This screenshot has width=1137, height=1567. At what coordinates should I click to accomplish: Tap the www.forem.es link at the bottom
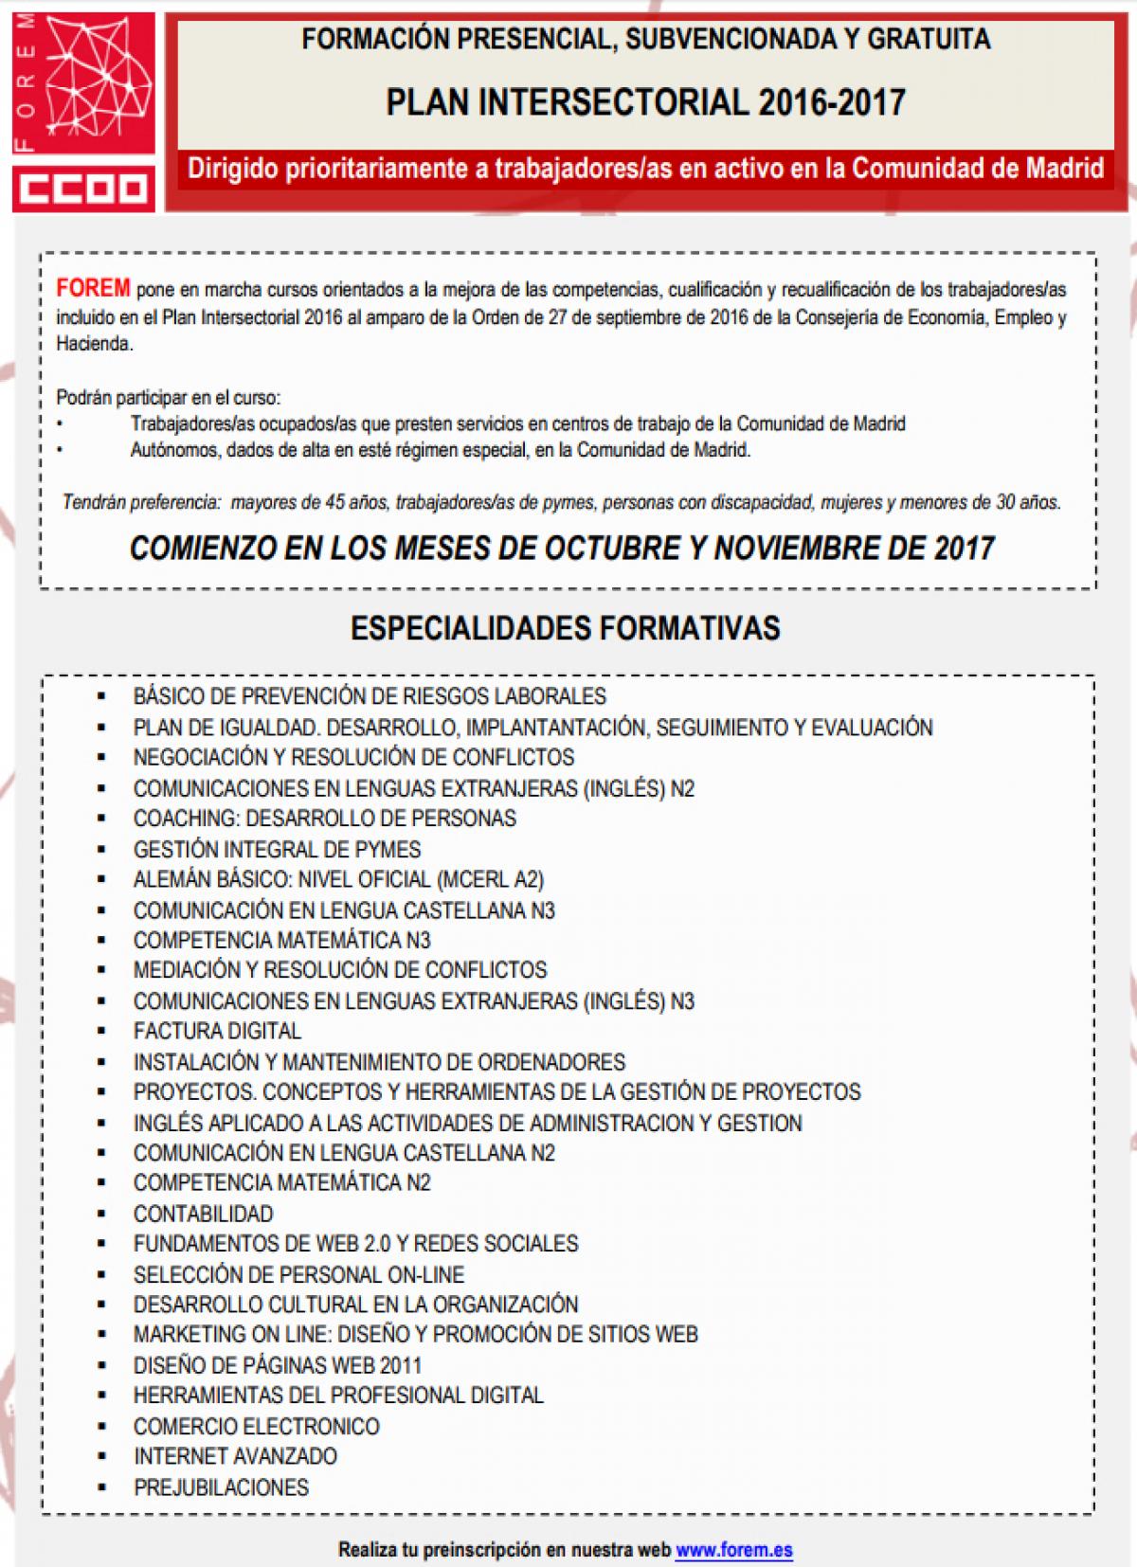click(x=734, y=1550)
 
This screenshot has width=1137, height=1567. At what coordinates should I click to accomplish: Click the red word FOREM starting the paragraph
click(x=93, y=289)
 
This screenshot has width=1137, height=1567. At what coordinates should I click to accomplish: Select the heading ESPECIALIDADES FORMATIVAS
click(x=566, y=628)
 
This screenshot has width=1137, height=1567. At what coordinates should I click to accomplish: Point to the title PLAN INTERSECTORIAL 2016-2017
click(x=645, y=102)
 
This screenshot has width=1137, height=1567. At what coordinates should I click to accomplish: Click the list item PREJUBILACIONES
click(x=221, y=1486)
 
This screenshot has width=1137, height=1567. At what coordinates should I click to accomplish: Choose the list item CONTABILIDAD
click(x=203, y=1214)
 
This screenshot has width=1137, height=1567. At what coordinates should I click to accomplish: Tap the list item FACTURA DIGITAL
click(x=217, y=1031)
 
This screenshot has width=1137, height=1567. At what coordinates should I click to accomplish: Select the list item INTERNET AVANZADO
click(x=235, y=1456)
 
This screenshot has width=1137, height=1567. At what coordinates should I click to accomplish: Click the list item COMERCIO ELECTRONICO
click(x=256, y=1426)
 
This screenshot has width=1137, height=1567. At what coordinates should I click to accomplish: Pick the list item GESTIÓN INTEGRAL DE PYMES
click(x=277, y=849)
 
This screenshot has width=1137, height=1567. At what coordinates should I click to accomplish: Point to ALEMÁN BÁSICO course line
click(x=338, y=879)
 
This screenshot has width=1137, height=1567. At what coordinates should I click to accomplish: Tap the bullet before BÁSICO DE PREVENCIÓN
click(x=101, y=696)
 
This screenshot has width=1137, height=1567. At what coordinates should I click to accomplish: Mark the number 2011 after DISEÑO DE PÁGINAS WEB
click(x=399, y=1365)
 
